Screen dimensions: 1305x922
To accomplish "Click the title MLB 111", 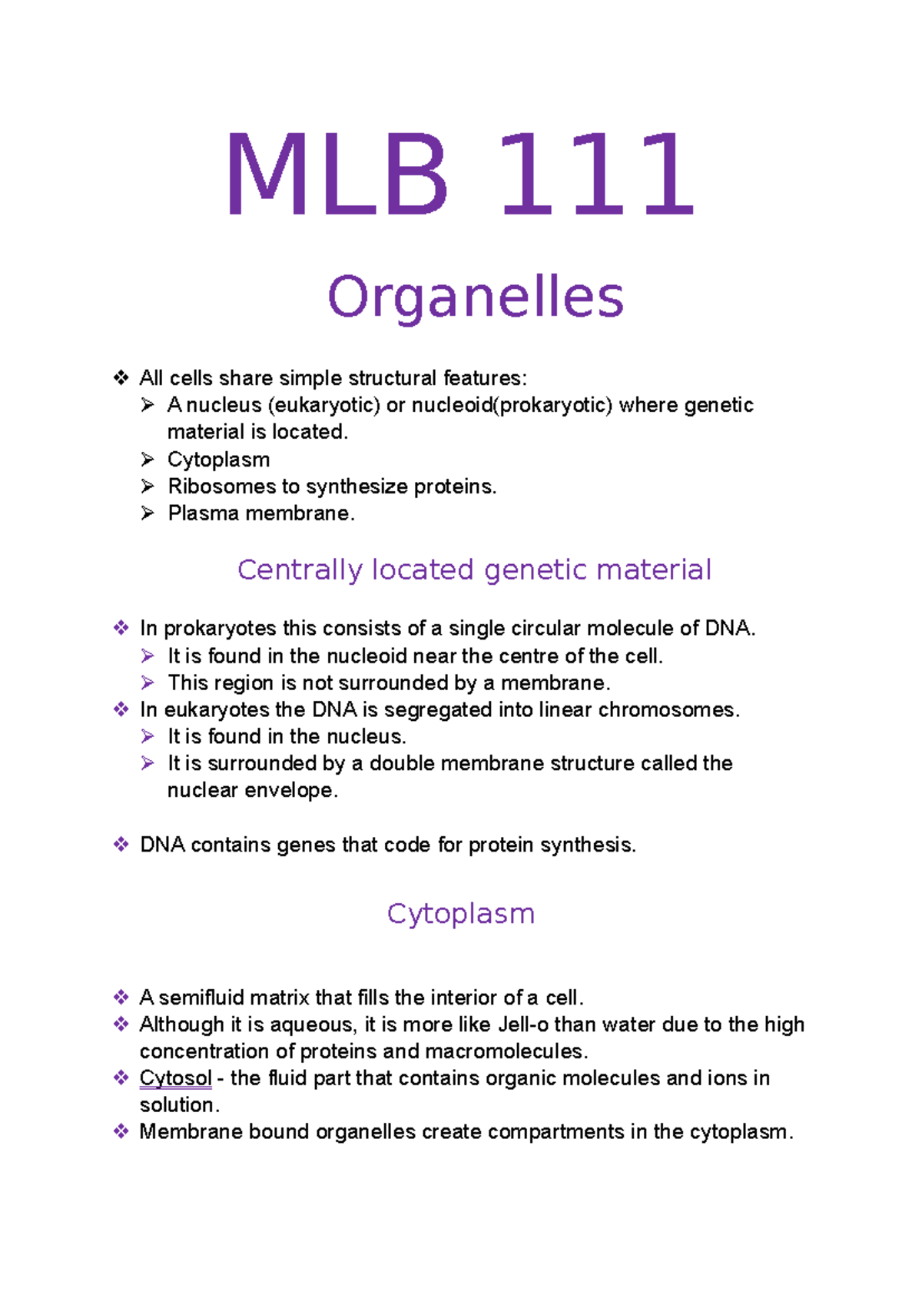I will pyautogui.click(x=459, y=175).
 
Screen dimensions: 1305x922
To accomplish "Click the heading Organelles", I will pyautogui.click(x=475, y=297).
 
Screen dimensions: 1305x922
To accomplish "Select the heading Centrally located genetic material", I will pyautogui.click(x=474, y=569).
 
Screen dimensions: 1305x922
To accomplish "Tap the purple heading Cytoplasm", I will pyautogui.click(x=460, y=914).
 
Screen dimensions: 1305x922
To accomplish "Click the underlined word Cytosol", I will pyautogui.click(x=175, y=1078).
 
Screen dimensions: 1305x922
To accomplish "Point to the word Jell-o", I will pyautogui.click(x=522, y=1024).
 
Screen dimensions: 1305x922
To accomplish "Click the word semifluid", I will pyautogui.click(x=201, y=998).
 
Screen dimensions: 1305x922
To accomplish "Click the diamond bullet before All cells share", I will pyautogui.click(x=121, y=377).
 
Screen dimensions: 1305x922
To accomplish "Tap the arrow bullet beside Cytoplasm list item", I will pyautogui.click(x=148, y=460).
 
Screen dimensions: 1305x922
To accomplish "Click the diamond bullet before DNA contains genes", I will pyautogui.click(x=121, y=845).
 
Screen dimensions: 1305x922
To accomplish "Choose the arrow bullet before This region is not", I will pyautogui.click(x=148, y=682).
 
